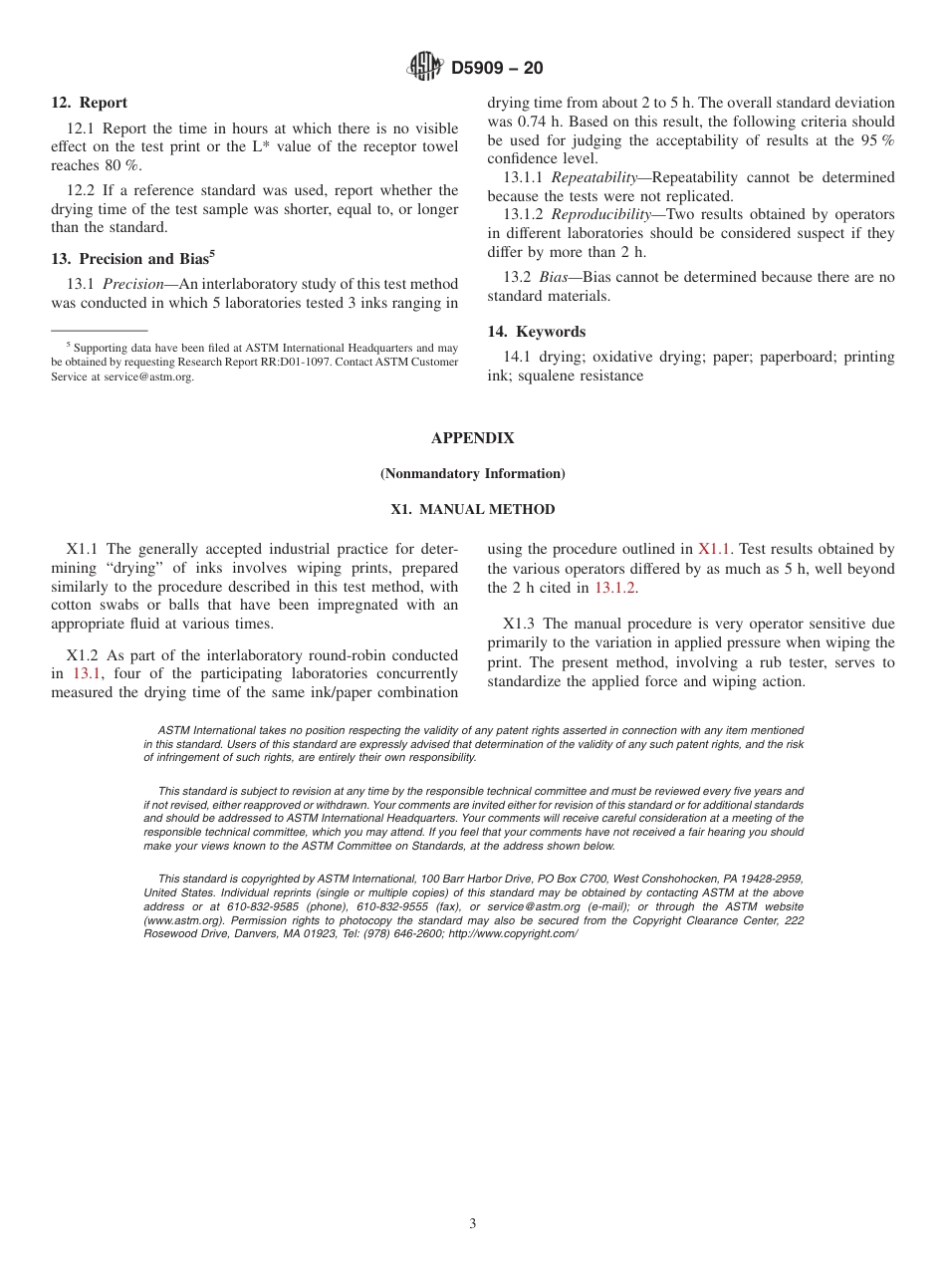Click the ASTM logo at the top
[425, 68]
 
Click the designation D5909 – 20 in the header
[497, 69]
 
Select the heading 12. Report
[89, 103]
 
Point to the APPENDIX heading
[472, 438]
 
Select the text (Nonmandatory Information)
[472, 474]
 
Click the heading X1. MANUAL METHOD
[472, 510]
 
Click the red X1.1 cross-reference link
[714, 549]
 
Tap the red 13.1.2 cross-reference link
[615, 588]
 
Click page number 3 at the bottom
[472, 1224]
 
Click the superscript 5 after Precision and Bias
[212, 254]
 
